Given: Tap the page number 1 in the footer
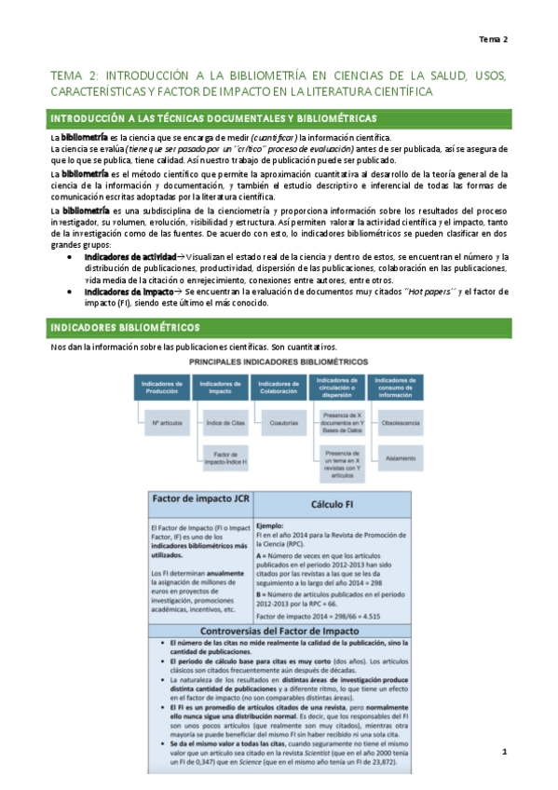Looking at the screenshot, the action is [x=528, y=751].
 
